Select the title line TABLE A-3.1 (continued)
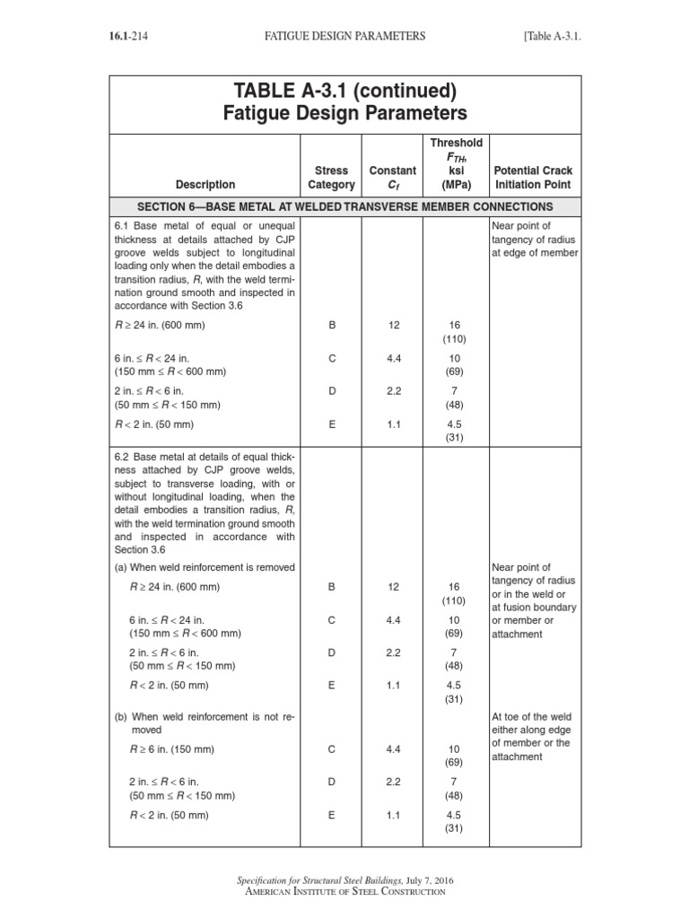pyautogui.click(x=344, y=92)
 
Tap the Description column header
pyautogui.click(x=205, y=185)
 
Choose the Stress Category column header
pyautogui.click(x=331, y=177)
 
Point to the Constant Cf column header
pyautogui.click(x=393, y=177)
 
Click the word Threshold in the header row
pyautogui.click(x=457, y=143)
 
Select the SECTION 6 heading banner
pyautogui.click(x=344, y=206)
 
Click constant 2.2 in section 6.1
pyautogui.click(x=393, y=390)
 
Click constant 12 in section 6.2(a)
pyautogui.click(x=393, y=587)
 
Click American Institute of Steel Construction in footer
pyautogui.click(x=344, y=892)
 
